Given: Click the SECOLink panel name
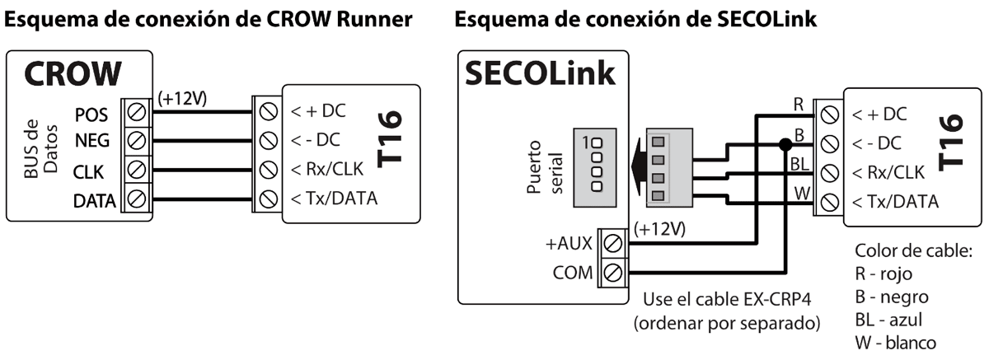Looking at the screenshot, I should [540, 74].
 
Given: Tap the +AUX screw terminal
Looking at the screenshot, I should [612, 243].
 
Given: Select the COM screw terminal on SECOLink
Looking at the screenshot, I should [612, 272].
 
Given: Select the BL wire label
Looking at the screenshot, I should [799, 165].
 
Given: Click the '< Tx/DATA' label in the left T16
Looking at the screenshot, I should [331, 199].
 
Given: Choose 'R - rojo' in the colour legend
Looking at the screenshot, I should [884, 274].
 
